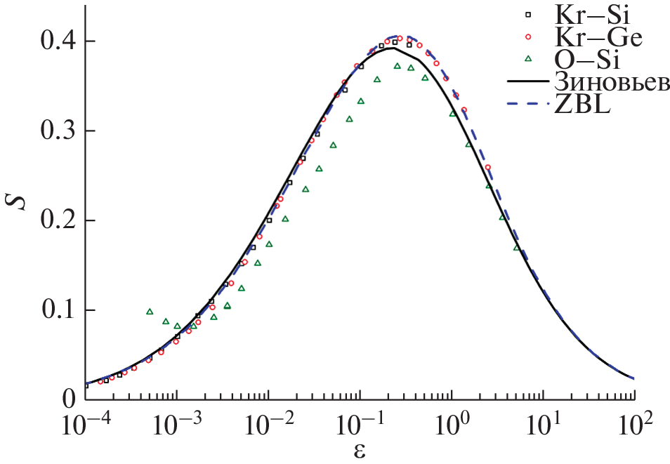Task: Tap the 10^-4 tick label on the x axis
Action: (x=85, y=425)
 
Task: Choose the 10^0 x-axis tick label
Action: (x=452, y=425)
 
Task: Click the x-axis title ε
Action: (x=360, y=450)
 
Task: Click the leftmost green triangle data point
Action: (x=150, y=312)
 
